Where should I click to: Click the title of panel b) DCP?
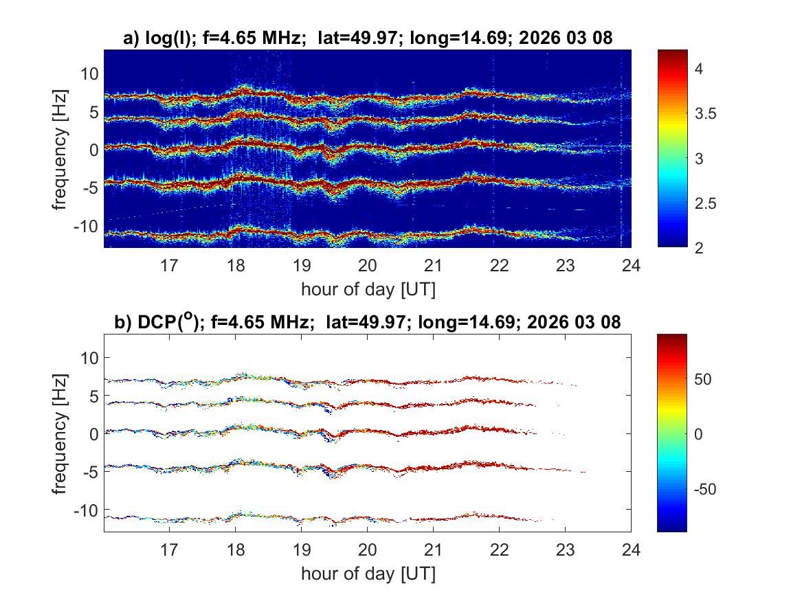click(367, 322)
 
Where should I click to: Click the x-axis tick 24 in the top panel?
click(631, 264)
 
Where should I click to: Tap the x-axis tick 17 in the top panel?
click(169, 264)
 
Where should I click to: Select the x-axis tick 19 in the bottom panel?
click(301, 548)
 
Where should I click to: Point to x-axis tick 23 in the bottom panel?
click(565, 548)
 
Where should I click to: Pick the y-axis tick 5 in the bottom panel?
click(93, 396)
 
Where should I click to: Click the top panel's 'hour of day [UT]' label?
click(368, 289)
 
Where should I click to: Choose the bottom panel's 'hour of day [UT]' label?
click(368, 573)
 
